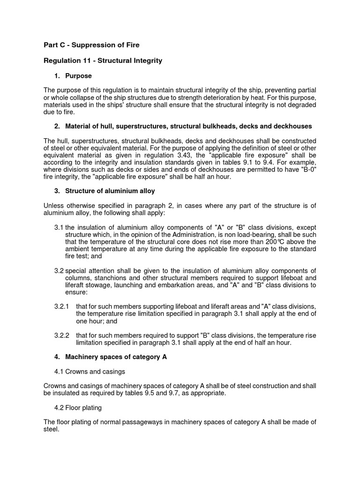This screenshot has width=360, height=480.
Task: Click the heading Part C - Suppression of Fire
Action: click(91, 45)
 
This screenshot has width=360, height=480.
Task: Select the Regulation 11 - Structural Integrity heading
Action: click(103, 60)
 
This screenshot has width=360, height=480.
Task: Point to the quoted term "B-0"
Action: click(307, 169)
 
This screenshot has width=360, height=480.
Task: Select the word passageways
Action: click(150, 422)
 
